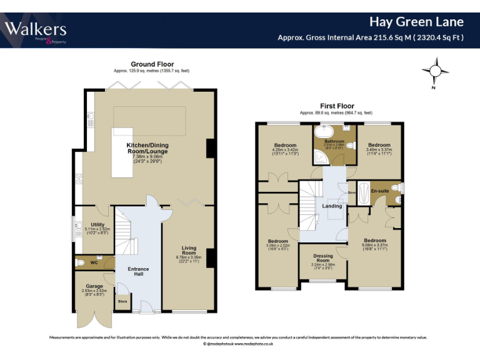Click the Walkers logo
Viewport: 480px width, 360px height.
coord(36,30)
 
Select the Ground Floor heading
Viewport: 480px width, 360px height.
coord(152,64)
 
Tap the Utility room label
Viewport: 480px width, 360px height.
coord(97,224)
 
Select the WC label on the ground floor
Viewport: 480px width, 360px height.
coord(94,262)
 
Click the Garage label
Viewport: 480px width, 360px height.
coord(95,286)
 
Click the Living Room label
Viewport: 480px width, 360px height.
coord(189,251)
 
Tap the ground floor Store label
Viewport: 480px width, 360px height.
coord(122,302)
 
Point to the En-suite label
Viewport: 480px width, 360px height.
coord(379,190)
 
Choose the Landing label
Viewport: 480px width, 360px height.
coord(332,206)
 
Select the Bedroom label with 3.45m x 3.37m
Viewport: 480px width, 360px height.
coord(379,145)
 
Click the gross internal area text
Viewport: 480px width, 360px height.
coord(371,37)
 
